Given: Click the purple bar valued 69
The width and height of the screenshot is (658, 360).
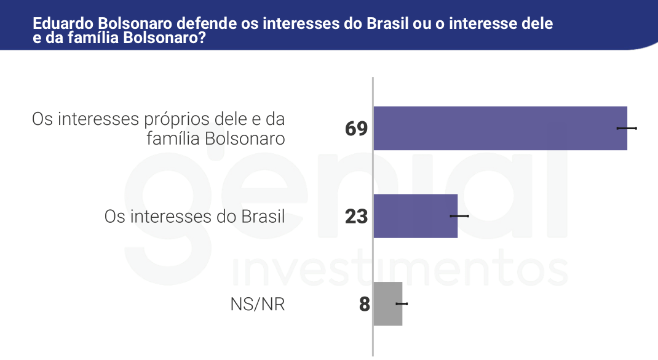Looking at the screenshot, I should coord(499,128).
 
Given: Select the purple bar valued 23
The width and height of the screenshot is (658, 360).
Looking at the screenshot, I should coord(415,216).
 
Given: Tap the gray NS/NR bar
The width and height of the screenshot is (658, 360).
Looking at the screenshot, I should coord(387,304).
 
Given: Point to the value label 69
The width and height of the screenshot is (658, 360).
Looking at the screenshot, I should coord(356,129).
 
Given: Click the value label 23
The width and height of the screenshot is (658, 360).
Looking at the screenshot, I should coord(356,217).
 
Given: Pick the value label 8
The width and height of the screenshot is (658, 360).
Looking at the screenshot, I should coord(364,305).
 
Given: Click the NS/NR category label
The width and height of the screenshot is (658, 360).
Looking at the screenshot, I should coord(258,305).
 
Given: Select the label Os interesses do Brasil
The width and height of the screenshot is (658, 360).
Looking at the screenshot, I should coord(194,217).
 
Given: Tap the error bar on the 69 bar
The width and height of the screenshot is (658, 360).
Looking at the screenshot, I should coord(627,128).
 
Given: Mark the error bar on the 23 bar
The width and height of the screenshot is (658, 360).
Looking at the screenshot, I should coord(459,216).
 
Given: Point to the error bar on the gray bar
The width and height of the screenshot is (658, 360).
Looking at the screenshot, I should coord(402,304).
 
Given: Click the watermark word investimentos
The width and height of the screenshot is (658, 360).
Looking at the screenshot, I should coord(400,270).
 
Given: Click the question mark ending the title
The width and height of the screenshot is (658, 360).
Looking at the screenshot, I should coord(202,38).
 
